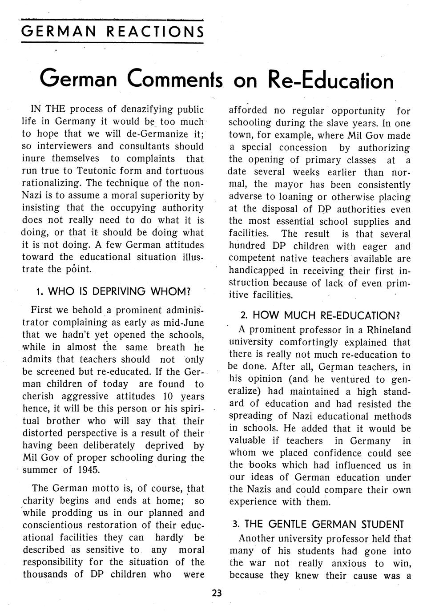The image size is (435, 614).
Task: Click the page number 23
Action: click(x=217, y=593)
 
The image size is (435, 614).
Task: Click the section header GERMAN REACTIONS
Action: click(x=113, y=32)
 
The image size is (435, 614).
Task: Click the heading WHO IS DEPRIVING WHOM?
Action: click(x=113, y=292)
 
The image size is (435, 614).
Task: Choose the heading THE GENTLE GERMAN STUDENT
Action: click(x=318, y=524)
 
